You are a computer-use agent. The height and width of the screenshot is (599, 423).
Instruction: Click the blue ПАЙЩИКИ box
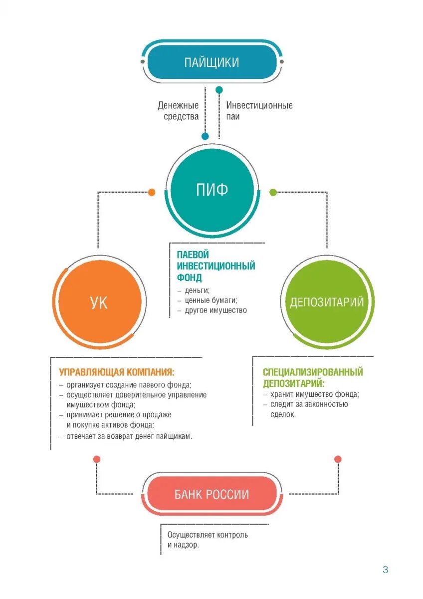(211, 62)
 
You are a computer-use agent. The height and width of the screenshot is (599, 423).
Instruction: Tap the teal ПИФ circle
(211, 190)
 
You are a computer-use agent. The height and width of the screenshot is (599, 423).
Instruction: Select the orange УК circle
(99, 302)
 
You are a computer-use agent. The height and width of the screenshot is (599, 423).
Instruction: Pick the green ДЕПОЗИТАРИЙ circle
(327, 302)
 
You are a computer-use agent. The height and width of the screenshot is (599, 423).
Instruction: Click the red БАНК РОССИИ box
(211, 495)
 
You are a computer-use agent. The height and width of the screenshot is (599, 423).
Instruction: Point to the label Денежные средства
(178, 111)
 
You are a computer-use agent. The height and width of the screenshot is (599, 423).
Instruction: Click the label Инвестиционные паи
(259, 111)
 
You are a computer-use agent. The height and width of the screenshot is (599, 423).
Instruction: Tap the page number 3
(385, 570)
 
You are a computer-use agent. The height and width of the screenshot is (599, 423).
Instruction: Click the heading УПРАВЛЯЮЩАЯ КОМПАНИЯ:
(117, 372)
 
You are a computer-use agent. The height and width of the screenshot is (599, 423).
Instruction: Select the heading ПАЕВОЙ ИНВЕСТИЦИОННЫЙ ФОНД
(215, 266)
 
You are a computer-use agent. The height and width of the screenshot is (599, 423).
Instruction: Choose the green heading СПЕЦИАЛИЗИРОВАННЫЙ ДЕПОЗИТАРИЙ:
(313, 378)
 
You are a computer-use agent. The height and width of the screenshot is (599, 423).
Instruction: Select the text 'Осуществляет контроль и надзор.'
(207, 540)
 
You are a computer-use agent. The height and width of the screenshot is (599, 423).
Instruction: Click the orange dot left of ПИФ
(152, 192)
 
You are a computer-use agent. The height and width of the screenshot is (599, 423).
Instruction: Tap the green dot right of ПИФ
(273, 192)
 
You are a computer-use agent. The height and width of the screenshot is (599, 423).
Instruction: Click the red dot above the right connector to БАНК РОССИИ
(338, 459)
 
